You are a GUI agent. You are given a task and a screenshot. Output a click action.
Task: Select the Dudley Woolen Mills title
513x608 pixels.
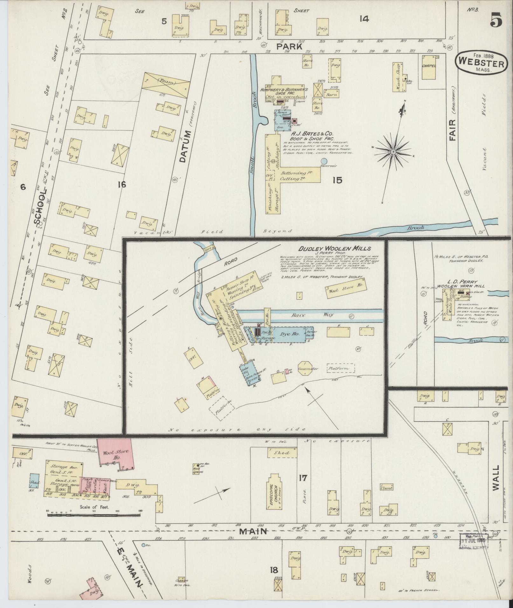click(x=334, y=249)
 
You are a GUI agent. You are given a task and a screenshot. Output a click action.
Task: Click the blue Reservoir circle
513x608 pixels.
click(x=324, y=161)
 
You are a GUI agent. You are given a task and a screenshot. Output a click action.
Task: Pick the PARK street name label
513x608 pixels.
click(x=289, y=46)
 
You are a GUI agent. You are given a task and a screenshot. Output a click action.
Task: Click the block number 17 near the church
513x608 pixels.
click(x=303, y=477)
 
